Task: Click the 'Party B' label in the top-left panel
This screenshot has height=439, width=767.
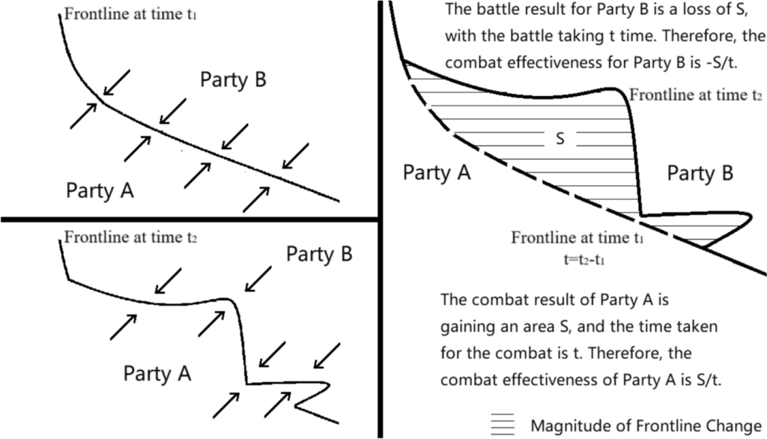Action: pyautogui.click(x=233, y=80)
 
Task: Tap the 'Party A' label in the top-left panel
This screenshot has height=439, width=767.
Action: pyautogui.click(x=100, y=190)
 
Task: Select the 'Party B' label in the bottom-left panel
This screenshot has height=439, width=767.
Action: pyautogui.click(x=319, y=255)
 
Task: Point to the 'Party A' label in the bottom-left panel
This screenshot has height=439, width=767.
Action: pyautogui.click(x=157, y=372)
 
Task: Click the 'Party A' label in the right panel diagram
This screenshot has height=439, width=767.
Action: pyautogui.click(x=437, y=173)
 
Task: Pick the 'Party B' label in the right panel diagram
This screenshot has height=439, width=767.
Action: pyautogui.click(x=700, y=174)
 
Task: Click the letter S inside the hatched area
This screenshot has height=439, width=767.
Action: pyautogui.click(x=560, y=138)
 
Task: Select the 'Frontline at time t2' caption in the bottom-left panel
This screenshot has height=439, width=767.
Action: pyautogui.click(x=131, y=238)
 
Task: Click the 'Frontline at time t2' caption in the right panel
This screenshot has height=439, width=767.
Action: pyautogui.click(x=696, y=96)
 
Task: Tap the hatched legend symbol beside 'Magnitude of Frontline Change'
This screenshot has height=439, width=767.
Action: pyautogui.click(x=503, y=425)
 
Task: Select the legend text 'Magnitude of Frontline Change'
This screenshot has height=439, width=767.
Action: pyautogui.click(x=646, y=426)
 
